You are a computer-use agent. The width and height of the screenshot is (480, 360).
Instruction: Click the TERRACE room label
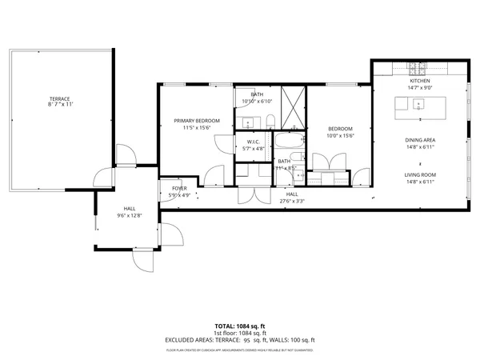tap(58, 99)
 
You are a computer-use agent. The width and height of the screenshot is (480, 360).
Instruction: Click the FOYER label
tap(179, 188)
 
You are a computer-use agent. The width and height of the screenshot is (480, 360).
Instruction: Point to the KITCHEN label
tap(420, 81)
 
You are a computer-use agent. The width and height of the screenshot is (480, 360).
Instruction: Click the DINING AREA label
tap(420, 140)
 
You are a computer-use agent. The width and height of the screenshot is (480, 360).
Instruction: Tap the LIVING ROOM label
tap(420, 174)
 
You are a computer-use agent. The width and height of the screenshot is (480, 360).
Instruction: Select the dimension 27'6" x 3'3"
tap(292, 200)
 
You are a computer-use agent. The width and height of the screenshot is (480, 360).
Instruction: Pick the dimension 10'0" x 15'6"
tap(340, 135)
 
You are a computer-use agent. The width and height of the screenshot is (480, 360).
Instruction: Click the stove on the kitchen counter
tap(417, 66)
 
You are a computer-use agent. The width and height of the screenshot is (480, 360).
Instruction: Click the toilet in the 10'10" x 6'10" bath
tap(271, 122)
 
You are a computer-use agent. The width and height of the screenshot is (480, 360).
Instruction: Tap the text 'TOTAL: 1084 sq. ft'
tap(240, 326)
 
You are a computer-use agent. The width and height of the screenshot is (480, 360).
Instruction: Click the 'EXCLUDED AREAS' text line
tap(240, 339)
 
